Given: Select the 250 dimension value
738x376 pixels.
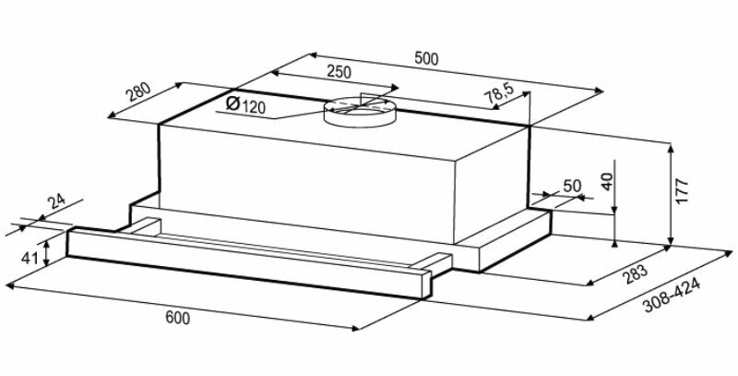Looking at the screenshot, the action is tap(338, 72).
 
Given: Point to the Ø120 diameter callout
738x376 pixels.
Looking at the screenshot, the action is tap(244, 105).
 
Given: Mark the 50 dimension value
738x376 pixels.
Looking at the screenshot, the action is tap(571, 185).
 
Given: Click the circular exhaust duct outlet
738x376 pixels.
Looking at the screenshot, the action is tap(360, 111).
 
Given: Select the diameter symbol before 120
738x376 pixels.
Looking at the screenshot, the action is tap(232, 104).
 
